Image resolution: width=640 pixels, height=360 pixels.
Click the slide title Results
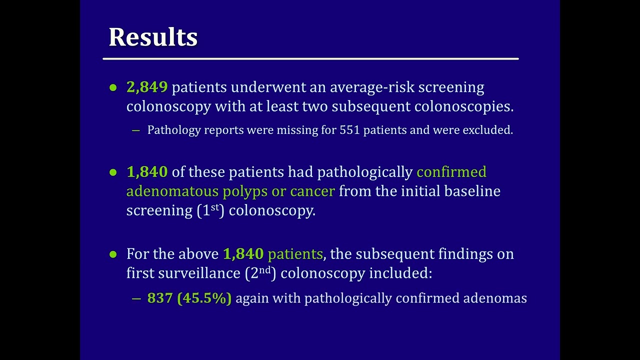click(153, 37)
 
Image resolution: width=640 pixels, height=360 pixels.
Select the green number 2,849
click(146, 87)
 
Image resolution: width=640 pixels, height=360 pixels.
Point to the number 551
click(349, 130)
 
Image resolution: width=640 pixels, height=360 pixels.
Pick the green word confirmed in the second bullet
click(451, 172)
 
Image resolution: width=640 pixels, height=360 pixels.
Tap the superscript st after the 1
click(215, 207)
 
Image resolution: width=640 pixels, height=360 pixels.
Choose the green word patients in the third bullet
click(295, 254)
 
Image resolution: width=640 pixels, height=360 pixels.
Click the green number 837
click(159, 298)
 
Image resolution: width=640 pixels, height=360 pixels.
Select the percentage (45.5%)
click(204, 298)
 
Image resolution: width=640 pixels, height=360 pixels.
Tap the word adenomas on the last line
click(495, 298)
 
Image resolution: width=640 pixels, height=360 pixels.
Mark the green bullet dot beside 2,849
click(113, 88)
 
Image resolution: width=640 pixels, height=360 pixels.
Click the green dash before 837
click(136, 298)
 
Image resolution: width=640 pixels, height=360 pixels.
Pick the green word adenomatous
click(172, 191)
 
